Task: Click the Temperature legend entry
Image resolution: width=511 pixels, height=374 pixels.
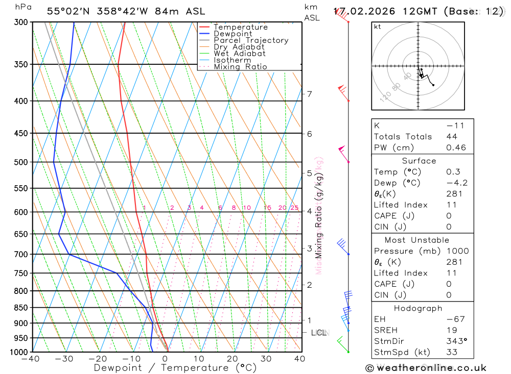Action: pos(240,27)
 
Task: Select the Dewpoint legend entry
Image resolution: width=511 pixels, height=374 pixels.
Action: pos(233,34)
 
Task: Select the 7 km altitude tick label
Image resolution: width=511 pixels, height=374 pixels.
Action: pos(309,94)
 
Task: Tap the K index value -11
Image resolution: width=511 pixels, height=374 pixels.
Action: pos(453,126)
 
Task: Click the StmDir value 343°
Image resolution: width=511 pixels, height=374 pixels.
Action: pos(456,341)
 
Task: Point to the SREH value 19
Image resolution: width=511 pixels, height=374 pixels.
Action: pos(451,330)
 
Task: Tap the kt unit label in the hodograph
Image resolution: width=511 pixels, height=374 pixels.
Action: pos(378,27)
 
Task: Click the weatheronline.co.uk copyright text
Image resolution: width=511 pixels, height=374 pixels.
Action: pos(426,368)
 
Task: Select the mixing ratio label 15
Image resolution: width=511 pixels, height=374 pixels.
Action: pos(267,208)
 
